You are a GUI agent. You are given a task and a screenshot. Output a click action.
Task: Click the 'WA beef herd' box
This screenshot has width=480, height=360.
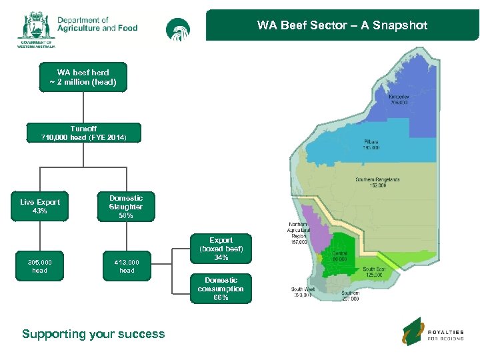[83, 77]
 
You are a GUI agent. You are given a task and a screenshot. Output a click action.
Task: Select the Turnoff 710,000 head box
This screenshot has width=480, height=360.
[83, 133]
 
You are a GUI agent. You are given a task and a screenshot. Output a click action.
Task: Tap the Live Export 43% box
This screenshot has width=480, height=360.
[40, 207]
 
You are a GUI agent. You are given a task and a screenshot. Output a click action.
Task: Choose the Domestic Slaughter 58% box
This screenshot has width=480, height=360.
[126, 207]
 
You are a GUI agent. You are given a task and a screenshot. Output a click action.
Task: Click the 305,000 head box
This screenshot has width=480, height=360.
[40, 266]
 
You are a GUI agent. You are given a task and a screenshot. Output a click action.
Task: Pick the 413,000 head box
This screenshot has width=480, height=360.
[127, 266]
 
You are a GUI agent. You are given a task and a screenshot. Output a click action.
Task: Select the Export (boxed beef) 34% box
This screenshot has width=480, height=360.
[221, 249]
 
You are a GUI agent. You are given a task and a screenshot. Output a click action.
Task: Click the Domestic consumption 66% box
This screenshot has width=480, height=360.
[221, 289]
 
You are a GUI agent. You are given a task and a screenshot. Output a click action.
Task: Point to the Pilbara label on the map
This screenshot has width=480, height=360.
[371, 145]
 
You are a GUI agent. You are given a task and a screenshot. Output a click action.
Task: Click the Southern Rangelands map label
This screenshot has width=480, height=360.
[377, 183]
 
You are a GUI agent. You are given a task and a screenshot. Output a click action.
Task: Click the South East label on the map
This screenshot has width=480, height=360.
[374, 271]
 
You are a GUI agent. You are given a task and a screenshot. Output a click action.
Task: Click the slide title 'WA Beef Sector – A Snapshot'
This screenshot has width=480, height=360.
[342, 25]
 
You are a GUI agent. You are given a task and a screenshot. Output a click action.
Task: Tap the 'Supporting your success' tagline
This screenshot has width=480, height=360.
[93, 334]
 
